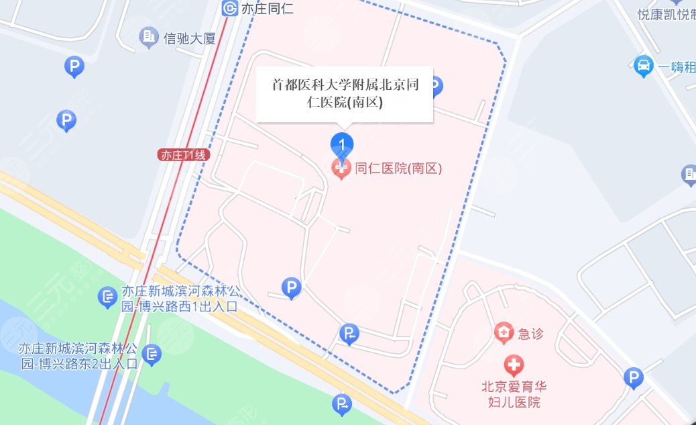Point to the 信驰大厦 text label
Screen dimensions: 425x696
point(189,38)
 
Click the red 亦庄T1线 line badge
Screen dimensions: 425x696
point(184,154)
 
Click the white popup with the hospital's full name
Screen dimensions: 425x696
point(345,94)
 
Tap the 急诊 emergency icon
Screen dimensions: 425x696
point(502,332)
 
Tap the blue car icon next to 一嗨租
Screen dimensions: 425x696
point(643,65)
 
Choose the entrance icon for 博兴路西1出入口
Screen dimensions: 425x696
point(107,296)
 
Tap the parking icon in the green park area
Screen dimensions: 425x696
point(342,404)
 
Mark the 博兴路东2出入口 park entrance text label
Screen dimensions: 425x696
point(78,357)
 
